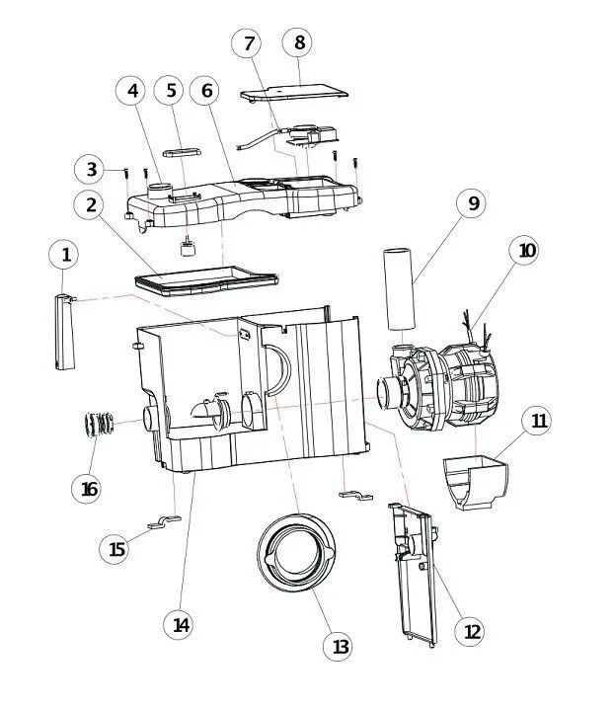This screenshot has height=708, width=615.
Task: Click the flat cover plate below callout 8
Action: click(294, 92)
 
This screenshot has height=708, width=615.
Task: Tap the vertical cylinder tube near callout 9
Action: click(399, 288)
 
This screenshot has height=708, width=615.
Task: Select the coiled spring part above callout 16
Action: click(99, 425)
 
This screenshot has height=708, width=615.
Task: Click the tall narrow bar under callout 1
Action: click(64, 332)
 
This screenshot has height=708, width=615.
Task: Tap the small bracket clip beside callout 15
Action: click(164, 521)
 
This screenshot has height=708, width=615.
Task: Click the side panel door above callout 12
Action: click(414, 574)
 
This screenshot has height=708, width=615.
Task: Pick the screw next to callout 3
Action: click(126, 175)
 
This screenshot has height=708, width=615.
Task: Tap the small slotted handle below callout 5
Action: click(182, 152)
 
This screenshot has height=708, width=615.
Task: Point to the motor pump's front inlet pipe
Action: click(389, 393)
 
